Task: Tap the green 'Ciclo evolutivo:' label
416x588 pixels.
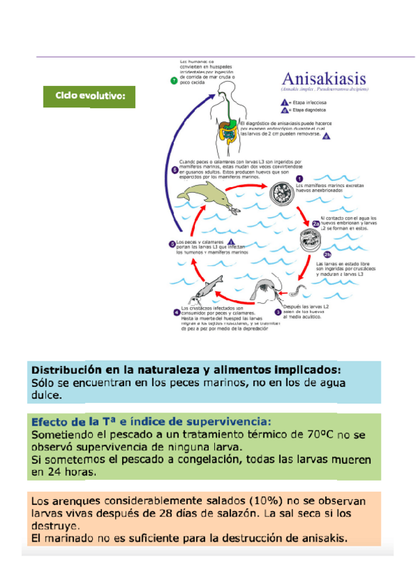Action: [x=89, y=96]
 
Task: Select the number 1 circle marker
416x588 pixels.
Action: [x=300, y=179]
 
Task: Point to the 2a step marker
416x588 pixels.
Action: [x=315, y=223]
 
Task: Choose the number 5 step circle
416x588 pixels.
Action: [x=172, y=243]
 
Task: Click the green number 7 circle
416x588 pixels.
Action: [x=173, y=81]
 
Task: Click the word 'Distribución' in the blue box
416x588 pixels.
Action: [x=63, y=369]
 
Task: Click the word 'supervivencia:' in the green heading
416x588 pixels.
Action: [x=229, y=421]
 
